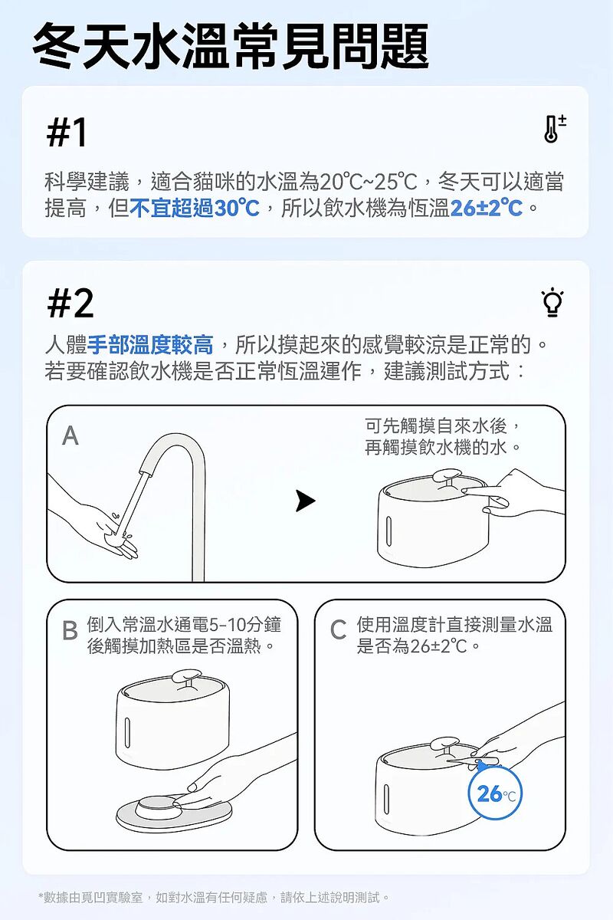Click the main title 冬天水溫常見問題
(x=231, y=45)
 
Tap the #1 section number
(x=67, y=132)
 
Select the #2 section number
(x=70, y=303)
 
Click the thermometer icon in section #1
(x=554, y=128)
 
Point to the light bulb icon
(x=552, y=302)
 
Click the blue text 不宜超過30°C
(x=195, y=208)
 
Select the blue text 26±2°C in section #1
(x=486, y=208)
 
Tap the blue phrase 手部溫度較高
(x=150, y=344)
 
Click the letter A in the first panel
(x=70, y=435)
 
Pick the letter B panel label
(x=70, y=630)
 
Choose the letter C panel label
(x=339, y=630)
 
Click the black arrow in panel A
(x=306, y=501)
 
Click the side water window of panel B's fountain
(x=127, y=732)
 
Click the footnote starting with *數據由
(x=214, y=898)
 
